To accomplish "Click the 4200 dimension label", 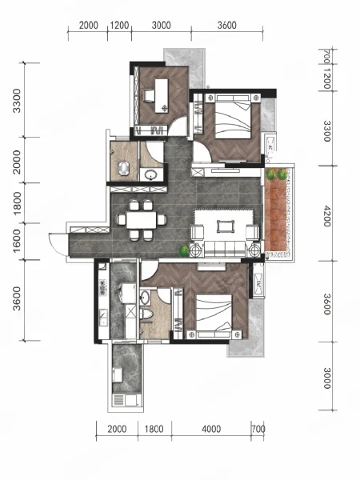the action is [x=327, y=216].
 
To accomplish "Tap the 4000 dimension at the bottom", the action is [x=211, y=429].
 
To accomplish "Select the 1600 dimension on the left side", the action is [x=17, y=241].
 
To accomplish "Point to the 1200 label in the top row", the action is [x=119, y=25].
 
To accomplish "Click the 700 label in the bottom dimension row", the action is [x=258, y=429].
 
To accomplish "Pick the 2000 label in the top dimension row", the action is [x=89, y=25].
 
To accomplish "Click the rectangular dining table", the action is [x=142, y=220].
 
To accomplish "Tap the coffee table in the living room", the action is [x=226, y=226].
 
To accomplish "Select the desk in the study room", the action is [x=162, y=95].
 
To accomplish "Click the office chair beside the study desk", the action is [x=149, y=95].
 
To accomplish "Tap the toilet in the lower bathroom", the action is [x=147, y=314].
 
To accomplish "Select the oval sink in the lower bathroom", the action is [x=145, y=298].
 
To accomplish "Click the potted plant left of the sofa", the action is [x=184, y=251].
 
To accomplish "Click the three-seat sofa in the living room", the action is [x=226, y=249].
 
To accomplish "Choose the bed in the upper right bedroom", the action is [x=234, y=117].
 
